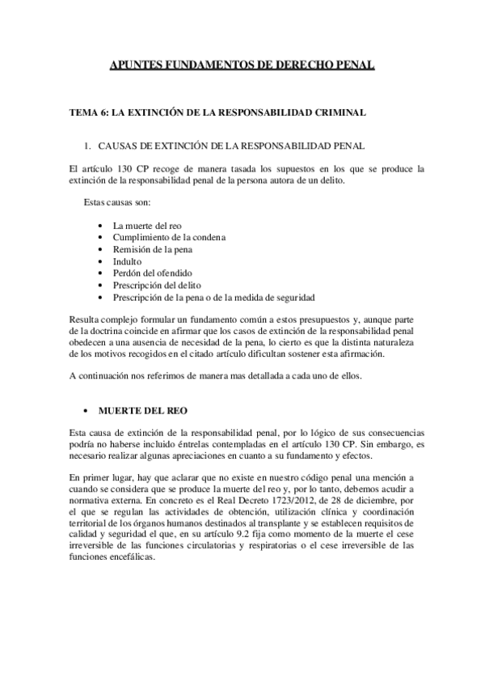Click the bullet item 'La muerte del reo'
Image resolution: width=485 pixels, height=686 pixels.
coord(146,225)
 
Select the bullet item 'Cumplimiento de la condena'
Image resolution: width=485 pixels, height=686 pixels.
coord(168,237)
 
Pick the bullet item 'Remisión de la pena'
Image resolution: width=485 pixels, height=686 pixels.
coord(152,249)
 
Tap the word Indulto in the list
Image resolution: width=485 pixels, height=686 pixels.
coord(127,261)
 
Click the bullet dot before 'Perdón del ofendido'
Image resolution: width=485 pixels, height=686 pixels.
coord(99,273)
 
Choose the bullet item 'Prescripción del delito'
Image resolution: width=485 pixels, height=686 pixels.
coord(157,286)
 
